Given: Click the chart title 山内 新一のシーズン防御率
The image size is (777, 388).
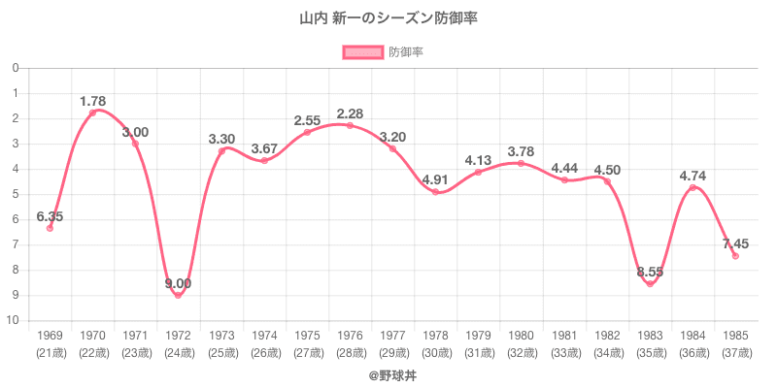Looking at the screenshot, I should coord(388,18).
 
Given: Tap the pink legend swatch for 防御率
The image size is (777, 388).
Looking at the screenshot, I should coord(362,52).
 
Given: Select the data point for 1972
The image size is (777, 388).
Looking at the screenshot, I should coord(179,295).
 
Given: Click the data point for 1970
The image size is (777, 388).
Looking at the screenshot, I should coord(93,113).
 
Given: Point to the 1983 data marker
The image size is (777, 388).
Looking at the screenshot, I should coord(650,283).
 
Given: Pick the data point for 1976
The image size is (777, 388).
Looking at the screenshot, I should coord(350,125).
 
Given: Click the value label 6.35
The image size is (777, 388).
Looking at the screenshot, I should coord(50,217).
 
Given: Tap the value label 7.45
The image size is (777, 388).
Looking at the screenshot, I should coord(734,243).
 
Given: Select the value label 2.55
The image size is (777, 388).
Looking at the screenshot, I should coord(307,121).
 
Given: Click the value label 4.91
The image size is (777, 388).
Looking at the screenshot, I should coord(435,178).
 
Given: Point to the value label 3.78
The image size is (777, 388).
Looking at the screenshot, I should coord(521,151).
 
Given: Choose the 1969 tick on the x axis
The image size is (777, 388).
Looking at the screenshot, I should coord(50,336).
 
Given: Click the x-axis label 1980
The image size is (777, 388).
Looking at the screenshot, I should coord(521,336).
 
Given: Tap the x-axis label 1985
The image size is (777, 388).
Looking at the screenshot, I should coord(735,336).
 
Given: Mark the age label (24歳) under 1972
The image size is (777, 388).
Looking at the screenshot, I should coord(179,352).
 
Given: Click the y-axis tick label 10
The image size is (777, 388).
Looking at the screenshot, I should coord(15,320).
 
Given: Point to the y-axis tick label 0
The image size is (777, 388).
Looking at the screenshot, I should coord(16,68).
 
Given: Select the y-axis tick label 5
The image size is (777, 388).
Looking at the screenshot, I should coord(16,194).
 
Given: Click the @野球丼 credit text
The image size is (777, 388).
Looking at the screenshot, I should coord(388,373).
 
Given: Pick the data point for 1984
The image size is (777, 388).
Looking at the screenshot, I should coord(693,187).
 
